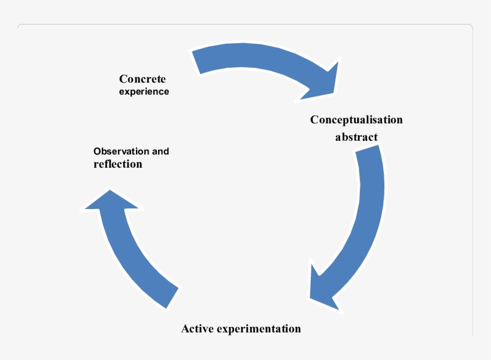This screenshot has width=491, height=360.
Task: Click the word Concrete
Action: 142,79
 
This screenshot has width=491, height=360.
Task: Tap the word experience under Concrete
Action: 144,92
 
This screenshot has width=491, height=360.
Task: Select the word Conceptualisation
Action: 356,120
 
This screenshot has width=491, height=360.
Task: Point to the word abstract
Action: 356,137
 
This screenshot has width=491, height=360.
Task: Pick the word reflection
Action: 118,164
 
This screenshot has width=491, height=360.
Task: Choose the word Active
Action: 197,329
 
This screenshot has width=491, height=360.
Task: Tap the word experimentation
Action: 258,329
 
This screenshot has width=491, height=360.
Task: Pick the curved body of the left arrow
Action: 129,252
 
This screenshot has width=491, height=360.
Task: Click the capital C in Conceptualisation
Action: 314,120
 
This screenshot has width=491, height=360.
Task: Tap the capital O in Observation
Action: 98,151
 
